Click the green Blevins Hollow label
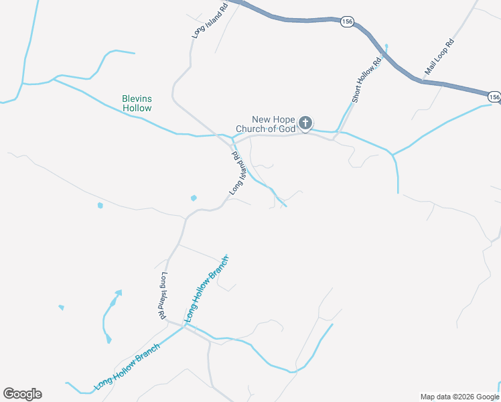click(137, 103)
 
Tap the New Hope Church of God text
click(264, 124)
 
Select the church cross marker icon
click(305, 123)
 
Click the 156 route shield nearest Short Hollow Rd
click(346, 21)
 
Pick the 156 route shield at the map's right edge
click(494, 97)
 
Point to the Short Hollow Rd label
click(366, 80)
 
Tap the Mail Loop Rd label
click(439, 57)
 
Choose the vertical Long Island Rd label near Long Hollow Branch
click(163, 295)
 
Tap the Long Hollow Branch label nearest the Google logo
click(127, 366)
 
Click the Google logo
click(22, 394)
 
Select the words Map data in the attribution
click(432, 396)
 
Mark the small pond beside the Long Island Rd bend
click(194, 198)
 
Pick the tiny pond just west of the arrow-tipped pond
click(62, 308)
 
